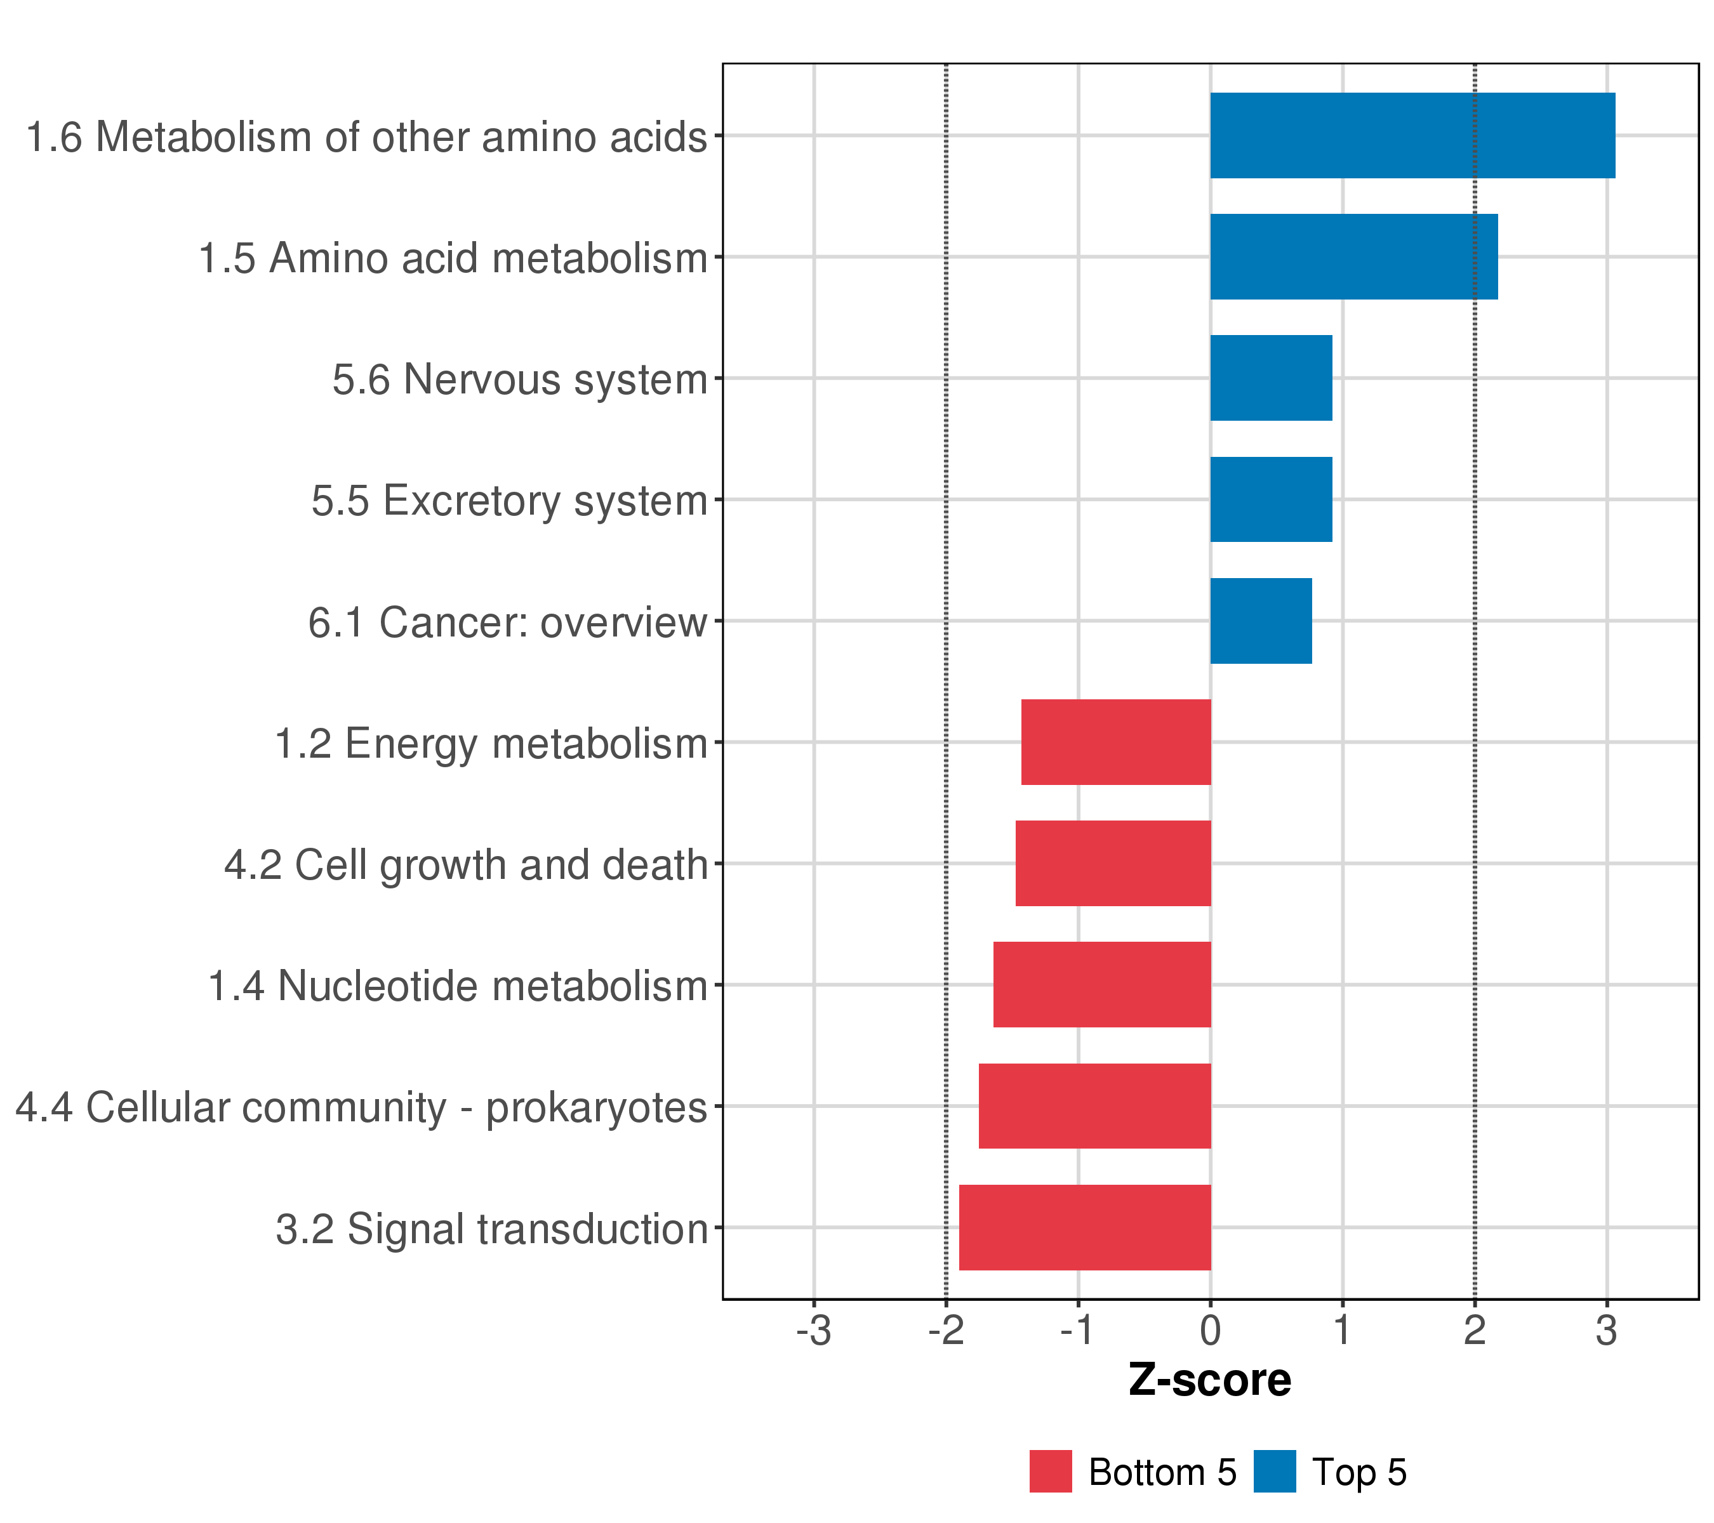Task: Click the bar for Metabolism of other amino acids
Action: tap(1412, 135)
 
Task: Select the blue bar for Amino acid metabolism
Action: tap(1353, 256)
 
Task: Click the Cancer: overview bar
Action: tap(1260, 621)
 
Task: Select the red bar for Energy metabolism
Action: tap(1115, 742)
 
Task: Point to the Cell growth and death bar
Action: tap(1113, 863)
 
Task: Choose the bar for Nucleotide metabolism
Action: tap(1102, 985)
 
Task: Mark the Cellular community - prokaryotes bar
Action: tap(1094, 1107)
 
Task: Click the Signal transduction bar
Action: tap(1084, 1227)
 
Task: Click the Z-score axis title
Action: tap(1209, 1380)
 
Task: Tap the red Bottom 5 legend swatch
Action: tap(1051, 1472)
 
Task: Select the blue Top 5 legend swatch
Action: tap(1275, 1472)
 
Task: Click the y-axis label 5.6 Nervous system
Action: tap(520, 379)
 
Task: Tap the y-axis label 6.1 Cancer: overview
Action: tap(507, 623)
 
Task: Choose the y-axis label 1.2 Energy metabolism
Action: tap(491, 744)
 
